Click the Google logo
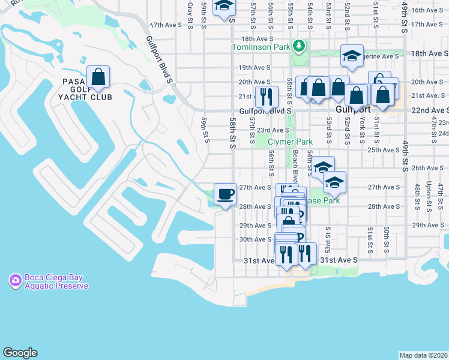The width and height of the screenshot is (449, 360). point(20,353)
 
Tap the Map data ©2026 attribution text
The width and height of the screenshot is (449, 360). point(423,355)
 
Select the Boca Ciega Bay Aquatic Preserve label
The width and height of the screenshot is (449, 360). point(56,281)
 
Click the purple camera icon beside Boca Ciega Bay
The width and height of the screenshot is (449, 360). point(14,280)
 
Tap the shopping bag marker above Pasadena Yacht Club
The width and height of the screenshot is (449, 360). point(98,78)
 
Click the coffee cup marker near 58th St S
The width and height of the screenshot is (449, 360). point(225,194)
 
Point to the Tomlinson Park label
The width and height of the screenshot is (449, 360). point(260,47)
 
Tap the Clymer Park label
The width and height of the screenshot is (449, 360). point(290,142)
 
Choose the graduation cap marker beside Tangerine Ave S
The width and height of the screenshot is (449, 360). point(352,57)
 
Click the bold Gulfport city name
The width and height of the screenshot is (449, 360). point(354,110)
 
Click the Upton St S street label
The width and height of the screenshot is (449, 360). point(429,197)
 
